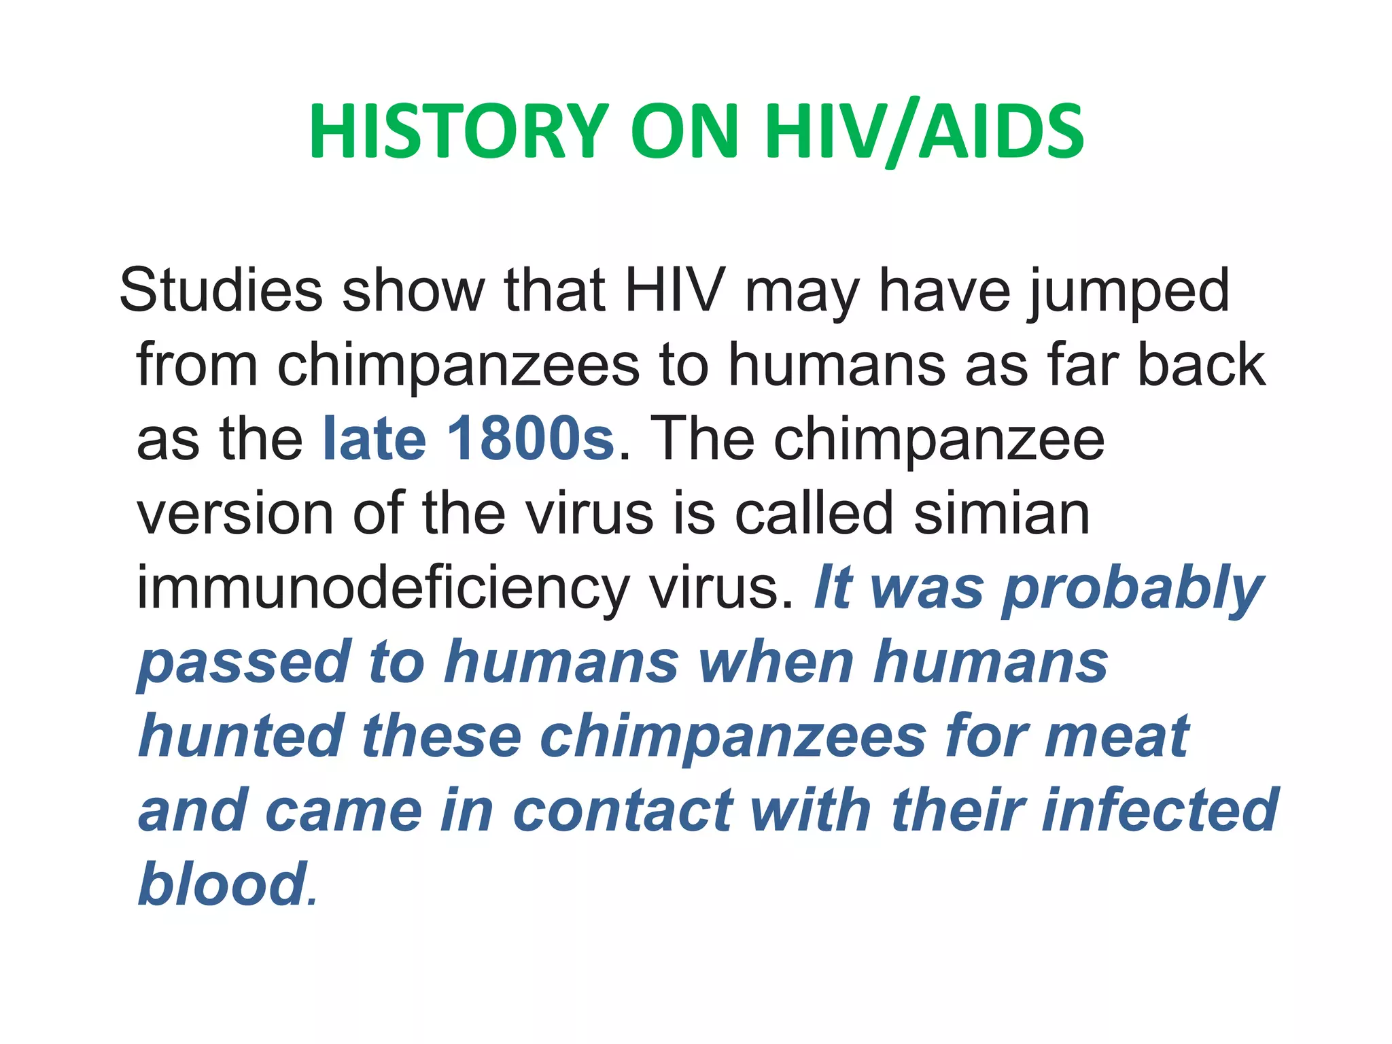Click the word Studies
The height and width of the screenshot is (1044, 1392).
pos(220,290)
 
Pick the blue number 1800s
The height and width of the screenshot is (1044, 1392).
pos(530,438)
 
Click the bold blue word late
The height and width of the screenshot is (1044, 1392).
pos(375,438)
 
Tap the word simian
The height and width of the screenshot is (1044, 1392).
pos(1002,513)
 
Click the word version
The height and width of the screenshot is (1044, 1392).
pos(235,513)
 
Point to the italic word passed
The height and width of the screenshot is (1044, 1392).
pos(244,663)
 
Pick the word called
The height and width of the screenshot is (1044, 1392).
pos(814,513)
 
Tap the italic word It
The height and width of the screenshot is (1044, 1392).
pos(832,588)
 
